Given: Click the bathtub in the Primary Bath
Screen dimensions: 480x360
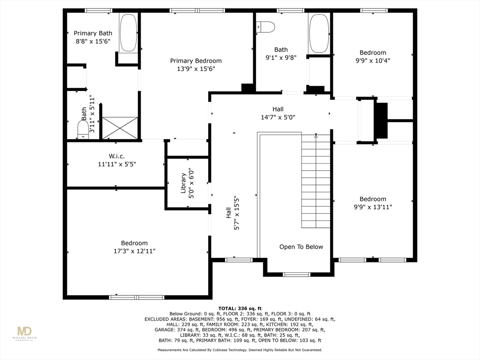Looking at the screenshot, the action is [128, 33].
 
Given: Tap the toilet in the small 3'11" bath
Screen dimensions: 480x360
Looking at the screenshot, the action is [83, 130].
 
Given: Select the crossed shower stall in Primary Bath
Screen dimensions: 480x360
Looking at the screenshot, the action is [120, 128].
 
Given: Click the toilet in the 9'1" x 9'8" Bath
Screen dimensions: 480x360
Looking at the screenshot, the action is [265, 27].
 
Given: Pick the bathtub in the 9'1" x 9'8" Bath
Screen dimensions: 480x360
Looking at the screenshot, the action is [319, 33].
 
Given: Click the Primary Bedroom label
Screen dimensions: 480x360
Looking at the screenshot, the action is [196, 61].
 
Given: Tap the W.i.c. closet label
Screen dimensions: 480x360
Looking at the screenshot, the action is [117, 156].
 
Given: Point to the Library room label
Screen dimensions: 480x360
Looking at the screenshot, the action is [183, 183].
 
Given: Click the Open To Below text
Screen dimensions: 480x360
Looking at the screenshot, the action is [301, 247].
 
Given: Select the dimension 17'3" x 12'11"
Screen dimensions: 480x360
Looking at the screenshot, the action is [135, 251].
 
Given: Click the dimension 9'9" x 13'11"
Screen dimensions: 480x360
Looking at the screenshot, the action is [373, 207].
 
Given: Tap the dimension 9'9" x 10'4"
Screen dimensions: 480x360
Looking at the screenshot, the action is [373, 60].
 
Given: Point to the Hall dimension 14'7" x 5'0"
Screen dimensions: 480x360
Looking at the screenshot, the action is [278, 117].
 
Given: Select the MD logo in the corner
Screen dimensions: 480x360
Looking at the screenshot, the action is [24, 332].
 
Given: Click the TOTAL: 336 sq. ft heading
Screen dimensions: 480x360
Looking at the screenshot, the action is [240, 308].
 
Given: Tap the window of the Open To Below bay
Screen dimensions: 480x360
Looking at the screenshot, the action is [296, 275].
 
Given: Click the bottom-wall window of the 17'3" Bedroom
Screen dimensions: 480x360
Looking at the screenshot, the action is [136, 297].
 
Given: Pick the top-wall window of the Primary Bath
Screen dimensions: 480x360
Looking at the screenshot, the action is [98, 11].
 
